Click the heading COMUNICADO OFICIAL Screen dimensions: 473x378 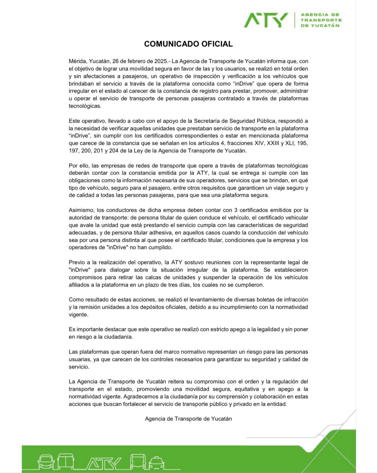point(188,44)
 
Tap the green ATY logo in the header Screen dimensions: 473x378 point(266,20)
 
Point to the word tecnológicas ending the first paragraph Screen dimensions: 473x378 point(85,106)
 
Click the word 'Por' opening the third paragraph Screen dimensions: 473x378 point(73,166)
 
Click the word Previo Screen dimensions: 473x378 point(76,262)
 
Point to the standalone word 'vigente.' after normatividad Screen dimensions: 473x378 point(78,315)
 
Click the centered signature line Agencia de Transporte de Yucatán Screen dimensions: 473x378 point(188,418)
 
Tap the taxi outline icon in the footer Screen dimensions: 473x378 point(157,462)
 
